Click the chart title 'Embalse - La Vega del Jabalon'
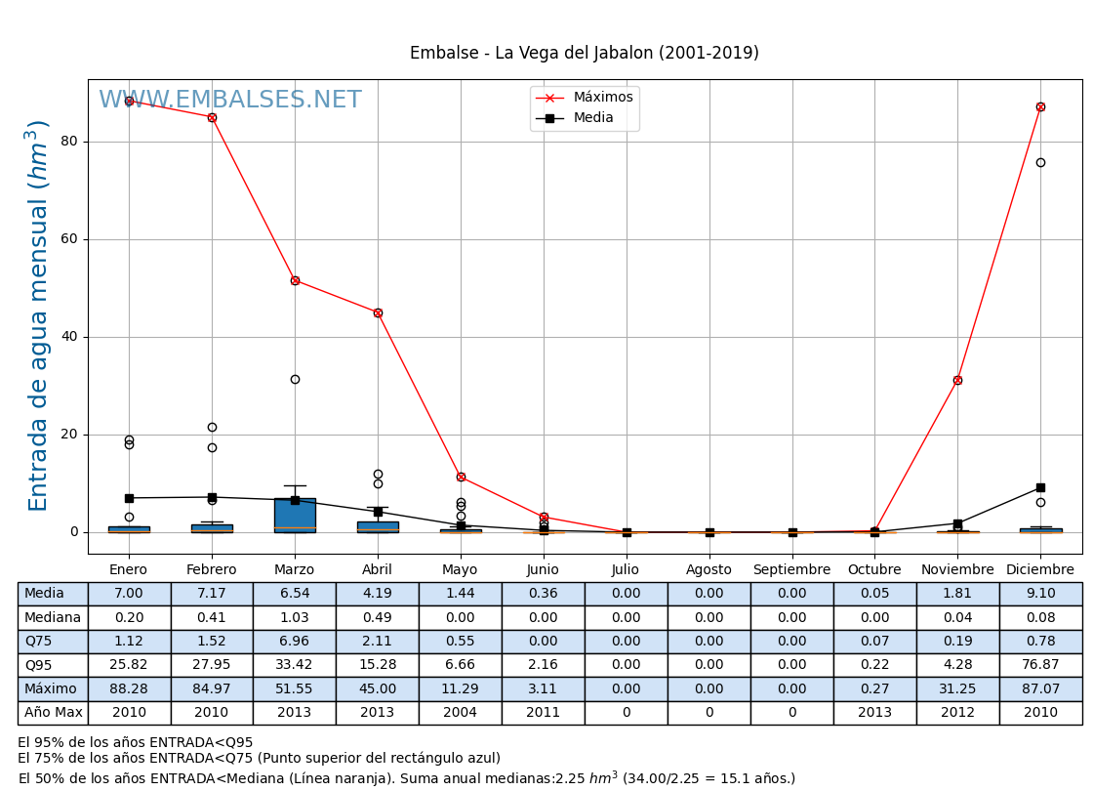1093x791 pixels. [584, 54]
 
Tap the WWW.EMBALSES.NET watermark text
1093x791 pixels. [230, 101]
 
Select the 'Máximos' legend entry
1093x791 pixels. [602, 98]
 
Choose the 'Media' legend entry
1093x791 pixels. [593, 118]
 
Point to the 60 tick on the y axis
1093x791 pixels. [68, 239]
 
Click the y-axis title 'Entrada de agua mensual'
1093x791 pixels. [38, 315]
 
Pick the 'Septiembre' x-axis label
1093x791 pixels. [791, 570]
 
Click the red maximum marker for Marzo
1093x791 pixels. [295, 280]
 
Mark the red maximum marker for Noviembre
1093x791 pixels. [957, 380]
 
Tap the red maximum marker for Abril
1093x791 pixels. [378, 312]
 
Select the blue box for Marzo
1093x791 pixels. [295, 515]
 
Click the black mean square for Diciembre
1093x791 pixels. [1040, 487]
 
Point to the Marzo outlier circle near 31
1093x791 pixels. [295, 379]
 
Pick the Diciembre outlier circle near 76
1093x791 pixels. [1040, 162]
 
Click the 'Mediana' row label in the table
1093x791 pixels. [53, 618]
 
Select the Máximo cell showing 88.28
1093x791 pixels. [129, 689]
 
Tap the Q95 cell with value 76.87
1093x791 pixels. [1040, 666]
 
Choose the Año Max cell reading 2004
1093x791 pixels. [461, 713]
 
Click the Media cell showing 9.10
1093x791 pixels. [1040, 594]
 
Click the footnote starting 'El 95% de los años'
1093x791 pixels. [136, 743]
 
